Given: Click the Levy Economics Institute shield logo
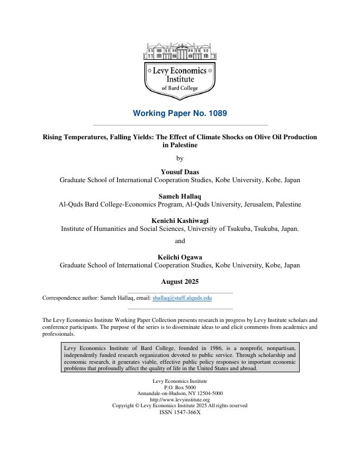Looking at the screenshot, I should coord(179,79).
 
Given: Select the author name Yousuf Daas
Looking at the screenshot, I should coord(179,172).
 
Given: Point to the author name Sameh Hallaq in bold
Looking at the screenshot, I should coord(179,196).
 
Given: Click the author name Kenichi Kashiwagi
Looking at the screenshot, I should coord(179,220).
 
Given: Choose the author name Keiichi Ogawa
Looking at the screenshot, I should coord(179,257).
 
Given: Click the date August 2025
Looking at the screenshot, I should coord(179,282).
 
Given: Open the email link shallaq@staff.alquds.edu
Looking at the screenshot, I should coord(182,298).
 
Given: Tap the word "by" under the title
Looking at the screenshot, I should coord(179,158).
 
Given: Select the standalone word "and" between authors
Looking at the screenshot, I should coord(179,241).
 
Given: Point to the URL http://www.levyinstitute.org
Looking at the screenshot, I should coord(179,400).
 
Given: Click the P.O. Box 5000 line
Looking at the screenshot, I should coord(179,388).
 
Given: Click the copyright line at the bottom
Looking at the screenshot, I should coord(179,406).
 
